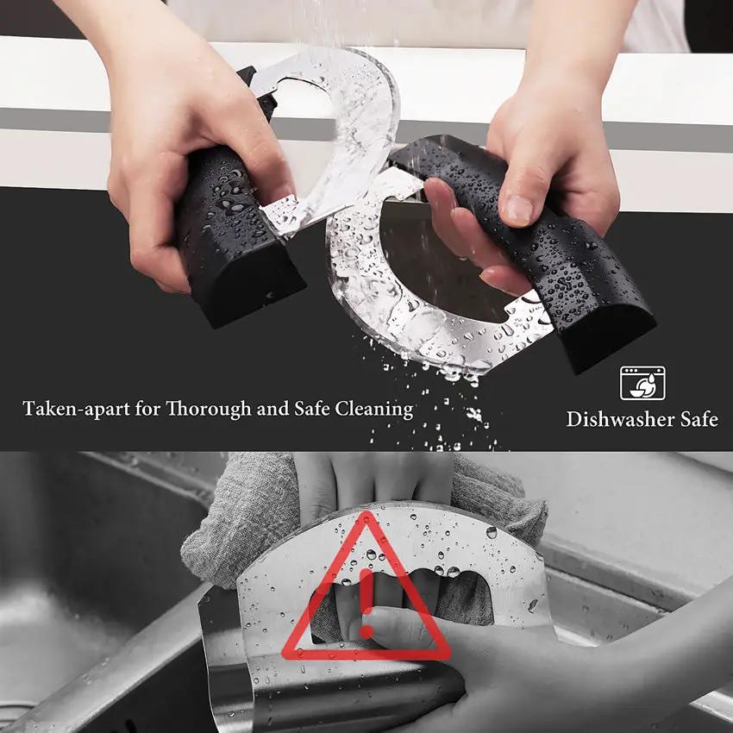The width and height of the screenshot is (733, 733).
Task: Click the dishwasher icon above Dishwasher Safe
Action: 642,383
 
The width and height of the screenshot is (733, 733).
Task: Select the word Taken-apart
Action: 76,409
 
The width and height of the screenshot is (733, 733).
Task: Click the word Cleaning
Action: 374,409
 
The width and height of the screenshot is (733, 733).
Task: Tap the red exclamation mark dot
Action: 366,632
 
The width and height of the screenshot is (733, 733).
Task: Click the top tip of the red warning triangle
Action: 366,512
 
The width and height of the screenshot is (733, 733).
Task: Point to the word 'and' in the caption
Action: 273,409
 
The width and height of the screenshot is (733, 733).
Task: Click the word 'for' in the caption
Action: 148,409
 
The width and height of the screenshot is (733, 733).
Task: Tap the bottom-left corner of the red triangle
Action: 286,655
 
